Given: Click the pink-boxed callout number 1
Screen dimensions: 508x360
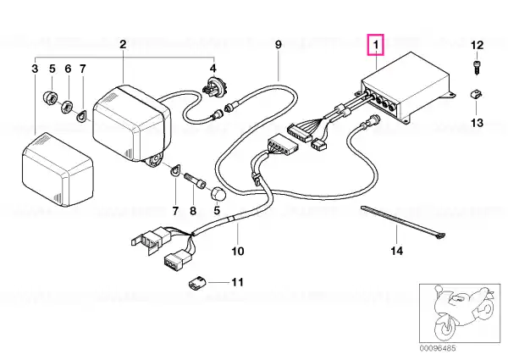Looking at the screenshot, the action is [375, 45].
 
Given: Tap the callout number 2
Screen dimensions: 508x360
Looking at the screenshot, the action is [123, 44].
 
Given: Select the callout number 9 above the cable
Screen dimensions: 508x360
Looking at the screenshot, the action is [279, 44].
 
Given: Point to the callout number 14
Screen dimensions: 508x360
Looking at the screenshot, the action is [397, 251].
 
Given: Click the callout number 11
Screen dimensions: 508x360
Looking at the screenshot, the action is [237, 282].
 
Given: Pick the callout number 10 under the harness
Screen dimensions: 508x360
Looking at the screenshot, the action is [237, 251].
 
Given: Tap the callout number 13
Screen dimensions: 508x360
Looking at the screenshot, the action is [477, 123].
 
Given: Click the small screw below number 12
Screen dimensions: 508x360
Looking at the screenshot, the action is [476, 68].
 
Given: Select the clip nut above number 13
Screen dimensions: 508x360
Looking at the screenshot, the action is [475, 95].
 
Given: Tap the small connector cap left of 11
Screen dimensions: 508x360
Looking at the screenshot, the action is [196, 283].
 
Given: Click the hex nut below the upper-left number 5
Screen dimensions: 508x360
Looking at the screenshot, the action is [51, 97].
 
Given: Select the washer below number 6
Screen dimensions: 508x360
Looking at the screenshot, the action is [67, 106].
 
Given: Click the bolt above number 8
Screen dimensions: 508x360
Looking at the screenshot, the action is [195, 180].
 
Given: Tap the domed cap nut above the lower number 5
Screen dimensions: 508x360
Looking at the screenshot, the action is [218, 194].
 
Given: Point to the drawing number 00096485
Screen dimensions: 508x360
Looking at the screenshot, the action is [438, 348].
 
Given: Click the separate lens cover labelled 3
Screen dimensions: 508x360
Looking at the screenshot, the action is [58, 169].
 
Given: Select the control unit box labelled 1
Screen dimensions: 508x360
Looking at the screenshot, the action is [406, 87].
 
